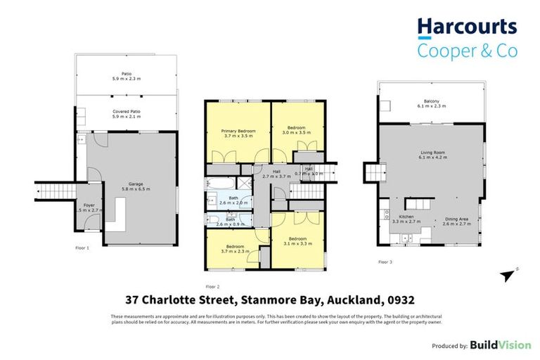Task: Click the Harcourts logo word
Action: point(467,27)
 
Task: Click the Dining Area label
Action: point(456,219)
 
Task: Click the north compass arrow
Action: point(508,275)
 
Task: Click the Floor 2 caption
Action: point(213,287)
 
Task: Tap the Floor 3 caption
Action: point(385,262)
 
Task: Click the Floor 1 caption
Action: point(83,248)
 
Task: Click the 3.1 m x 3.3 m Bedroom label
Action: point(297,242)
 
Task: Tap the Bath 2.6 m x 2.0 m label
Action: point(233,201)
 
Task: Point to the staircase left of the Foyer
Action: point(54,190)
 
